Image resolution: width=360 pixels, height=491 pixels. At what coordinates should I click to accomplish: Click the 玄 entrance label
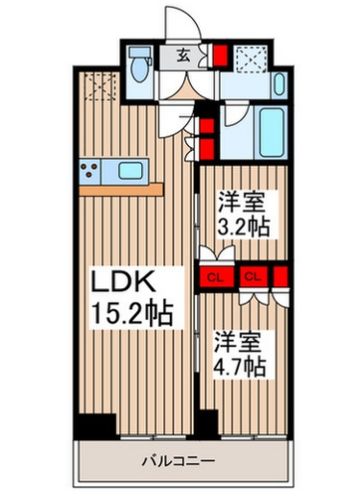[181, 56]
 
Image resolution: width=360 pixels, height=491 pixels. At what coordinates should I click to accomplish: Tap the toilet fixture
[140, 67]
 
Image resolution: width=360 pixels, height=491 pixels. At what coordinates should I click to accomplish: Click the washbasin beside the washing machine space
[278, 82]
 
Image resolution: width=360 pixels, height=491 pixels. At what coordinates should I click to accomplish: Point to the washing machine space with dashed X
[250, 61]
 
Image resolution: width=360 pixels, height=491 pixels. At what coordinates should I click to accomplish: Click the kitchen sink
[128, 172]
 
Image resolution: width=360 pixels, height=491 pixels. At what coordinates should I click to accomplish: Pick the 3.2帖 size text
[243, 229]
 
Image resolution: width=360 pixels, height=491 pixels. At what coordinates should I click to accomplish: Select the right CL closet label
[253, 277]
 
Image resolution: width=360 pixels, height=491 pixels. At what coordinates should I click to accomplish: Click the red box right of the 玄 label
[218, 56]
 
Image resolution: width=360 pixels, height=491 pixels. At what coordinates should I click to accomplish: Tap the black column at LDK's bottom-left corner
[93, 424]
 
